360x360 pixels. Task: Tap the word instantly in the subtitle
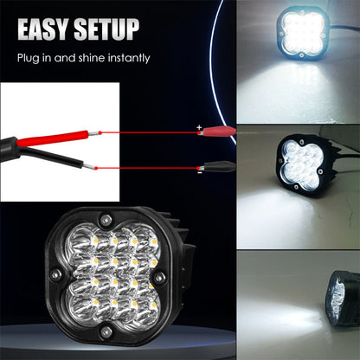coord(127,59)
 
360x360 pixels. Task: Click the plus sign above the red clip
coord(199,127)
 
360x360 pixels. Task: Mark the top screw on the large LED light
coord(109,217)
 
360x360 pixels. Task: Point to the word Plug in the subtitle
coord(30,59)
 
